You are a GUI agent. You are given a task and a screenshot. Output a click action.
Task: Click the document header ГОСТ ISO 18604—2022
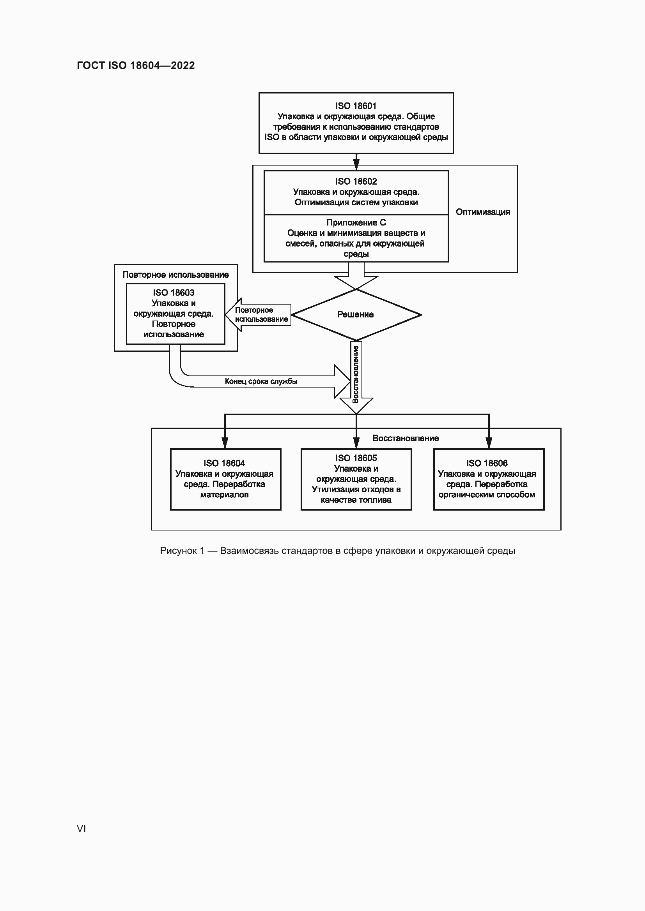[x=136, y=65]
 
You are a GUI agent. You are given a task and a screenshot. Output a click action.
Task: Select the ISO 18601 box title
[x=356, y=106]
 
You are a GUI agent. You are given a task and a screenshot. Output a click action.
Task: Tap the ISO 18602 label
[x=356, y=181]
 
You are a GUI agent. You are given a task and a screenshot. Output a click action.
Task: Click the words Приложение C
[x=356, y=223]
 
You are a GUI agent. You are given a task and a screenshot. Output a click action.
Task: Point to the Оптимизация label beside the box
[x=482, y=212]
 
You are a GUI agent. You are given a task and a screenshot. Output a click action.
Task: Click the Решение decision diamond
[x=356, y=314]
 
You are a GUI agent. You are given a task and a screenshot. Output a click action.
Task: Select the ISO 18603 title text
[x=174, y=293]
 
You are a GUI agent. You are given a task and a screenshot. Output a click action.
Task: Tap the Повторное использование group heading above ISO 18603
[x=175, y=275]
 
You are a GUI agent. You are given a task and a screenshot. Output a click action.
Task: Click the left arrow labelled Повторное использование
[x=260, y=315]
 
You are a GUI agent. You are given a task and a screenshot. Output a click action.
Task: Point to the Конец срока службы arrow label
[x=261, y=381]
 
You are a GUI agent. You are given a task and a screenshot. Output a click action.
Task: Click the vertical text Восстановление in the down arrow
[x=356, y=374]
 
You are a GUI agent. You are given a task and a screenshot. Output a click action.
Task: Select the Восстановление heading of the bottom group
[x=406, y=438]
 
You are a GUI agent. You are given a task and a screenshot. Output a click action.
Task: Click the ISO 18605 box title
[x=356, y=458]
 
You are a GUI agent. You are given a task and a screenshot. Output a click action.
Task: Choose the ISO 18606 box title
[x=487, y=463]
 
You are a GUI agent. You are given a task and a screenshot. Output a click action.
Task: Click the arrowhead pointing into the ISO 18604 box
[x=225, y=443]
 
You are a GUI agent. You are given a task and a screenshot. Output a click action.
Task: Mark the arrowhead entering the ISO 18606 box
[x=489, y=443]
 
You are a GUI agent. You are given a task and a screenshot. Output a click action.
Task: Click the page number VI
[x=82, y=828]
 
